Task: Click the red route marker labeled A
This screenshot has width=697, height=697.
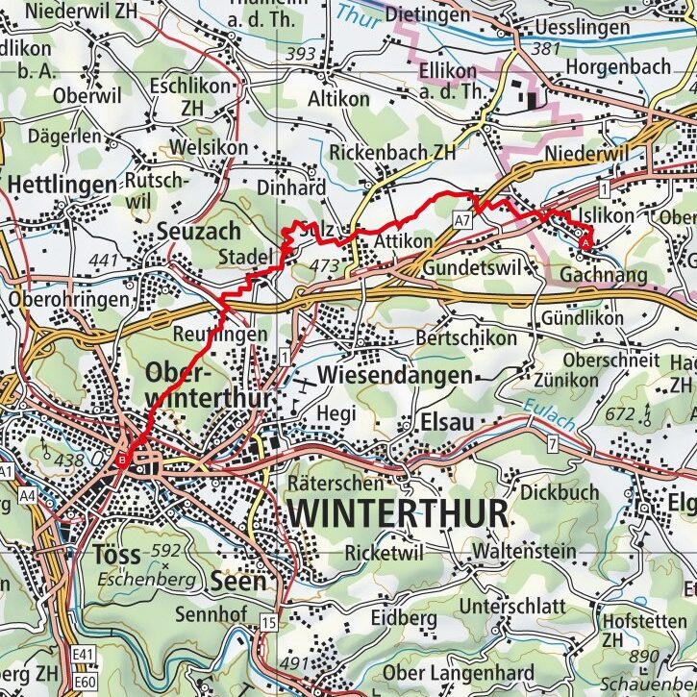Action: [x=585, y=244]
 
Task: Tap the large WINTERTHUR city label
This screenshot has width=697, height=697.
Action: [x=396, y=513]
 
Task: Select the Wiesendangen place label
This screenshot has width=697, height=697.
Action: [x=394, y=374]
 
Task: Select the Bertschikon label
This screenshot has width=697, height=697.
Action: [x=465, y=338]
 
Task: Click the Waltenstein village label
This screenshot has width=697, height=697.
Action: [x=524, y=552]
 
